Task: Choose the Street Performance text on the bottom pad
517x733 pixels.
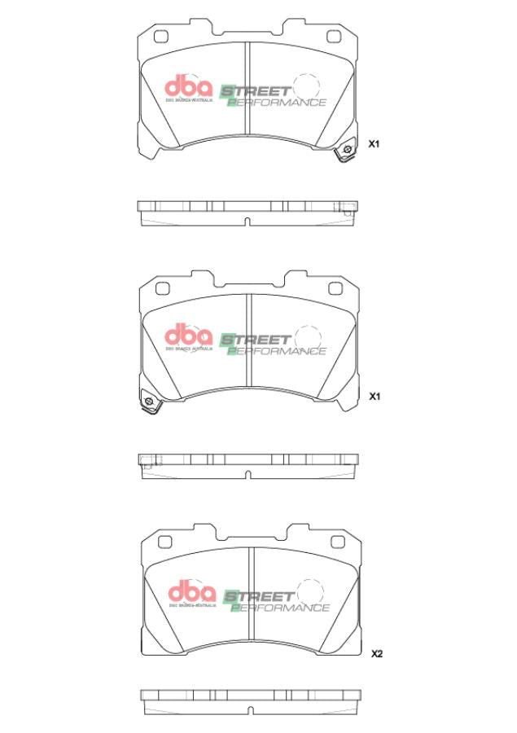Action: click(x=276, y=600)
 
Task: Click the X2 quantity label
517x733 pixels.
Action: click(x=376, y=653)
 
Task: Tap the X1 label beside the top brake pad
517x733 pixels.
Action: click(x=375, y=143)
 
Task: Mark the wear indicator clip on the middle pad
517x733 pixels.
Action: click(x=148, y=402)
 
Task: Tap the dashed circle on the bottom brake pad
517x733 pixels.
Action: click(x=309, y=592)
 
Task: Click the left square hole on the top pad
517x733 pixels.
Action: click(x=161, y=37)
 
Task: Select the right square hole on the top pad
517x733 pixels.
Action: click(x=334, y=37)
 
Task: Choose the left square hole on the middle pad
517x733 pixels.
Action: click(x=161, y=287)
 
